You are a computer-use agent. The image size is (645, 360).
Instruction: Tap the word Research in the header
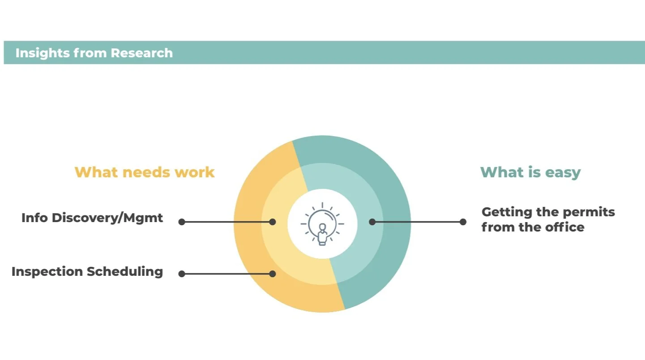click(x=141, y=53)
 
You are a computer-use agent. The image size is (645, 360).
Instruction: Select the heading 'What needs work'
click(x=145, y=172)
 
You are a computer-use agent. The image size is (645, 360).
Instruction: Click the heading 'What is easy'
click(x=530, y=172)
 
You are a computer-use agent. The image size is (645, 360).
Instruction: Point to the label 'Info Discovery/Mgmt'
click(x=92, y=218)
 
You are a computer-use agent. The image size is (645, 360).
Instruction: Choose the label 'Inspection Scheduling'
click(x=87, y=271)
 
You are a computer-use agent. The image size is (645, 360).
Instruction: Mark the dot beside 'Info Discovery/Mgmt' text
click(x=182, y=222)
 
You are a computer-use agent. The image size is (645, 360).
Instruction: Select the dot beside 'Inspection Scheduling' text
click(x=182, y=274)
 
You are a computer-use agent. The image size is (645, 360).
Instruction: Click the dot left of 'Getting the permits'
click(x=463, y=222)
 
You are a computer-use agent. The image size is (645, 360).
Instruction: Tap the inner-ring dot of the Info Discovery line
click(x=273, y=222)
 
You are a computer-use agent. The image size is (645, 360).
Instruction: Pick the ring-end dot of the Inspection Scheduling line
click(x=273, y=274)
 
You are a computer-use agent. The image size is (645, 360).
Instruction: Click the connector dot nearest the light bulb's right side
click(x=372, y=222)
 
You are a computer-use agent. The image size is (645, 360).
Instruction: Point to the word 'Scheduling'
click(x=125, y=271)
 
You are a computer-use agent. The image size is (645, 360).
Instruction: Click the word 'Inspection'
click(x=47, y=271)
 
